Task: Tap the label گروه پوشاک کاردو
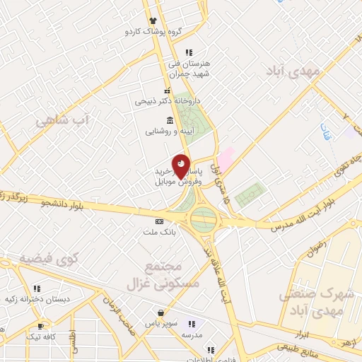click(153, 32)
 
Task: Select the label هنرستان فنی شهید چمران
click(186, 67)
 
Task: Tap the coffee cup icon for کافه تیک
click(40, 325)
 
